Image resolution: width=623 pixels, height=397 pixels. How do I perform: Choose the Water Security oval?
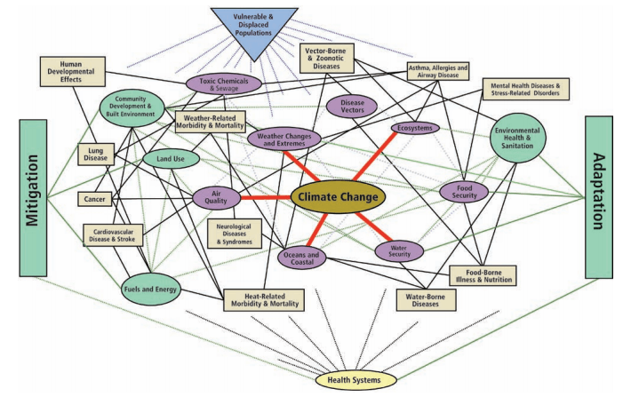[x=399, y=250]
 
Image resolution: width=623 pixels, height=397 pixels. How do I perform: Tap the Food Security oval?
[x=465, y=192]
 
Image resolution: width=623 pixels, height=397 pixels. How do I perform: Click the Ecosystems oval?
[x=415, y=128]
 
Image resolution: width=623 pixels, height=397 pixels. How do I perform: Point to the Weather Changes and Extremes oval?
[x=283, y=139]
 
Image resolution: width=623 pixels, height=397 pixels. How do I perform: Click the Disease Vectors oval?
[x=352, y=106]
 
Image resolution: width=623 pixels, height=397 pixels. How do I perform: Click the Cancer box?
[x=94, y=200]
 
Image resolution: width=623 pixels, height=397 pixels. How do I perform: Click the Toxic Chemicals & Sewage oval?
[x=225, y=83]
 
